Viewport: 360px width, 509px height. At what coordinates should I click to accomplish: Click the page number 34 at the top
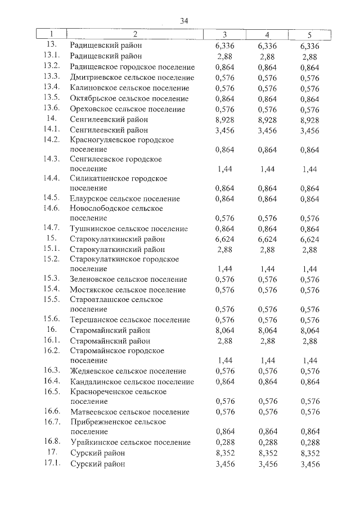point(183,21)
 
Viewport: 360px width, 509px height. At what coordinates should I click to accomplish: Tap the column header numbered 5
point(309,35)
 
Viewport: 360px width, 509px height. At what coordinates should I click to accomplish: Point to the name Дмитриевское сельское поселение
point(132,78)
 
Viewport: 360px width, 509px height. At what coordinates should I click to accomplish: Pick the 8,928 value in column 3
point(228,120)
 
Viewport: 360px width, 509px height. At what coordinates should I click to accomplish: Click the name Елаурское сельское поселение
point(125,199)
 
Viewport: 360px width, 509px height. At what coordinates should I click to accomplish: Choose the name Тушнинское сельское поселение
point(129,229)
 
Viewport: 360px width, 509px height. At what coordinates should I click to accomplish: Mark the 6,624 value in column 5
point(309,239)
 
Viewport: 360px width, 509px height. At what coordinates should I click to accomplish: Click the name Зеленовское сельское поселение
point(128,280)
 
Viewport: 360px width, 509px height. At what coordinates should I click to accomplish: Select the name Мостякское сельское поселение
point(128,290)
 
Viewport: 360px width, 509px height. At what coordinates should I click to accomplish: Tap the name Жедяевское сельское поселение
point(128,371)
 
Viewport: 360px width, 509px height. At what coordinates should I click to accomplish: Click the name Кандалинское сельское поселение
point(132,382)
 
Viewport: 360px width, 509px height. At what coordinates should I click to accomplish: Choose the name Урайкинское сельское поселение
point(130,443)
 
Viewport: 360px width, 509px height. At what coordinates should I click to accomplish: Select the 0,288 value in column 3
point(228,443)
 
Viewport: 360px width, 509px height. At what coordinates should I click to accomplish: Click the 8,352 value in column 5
point(309,453)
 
